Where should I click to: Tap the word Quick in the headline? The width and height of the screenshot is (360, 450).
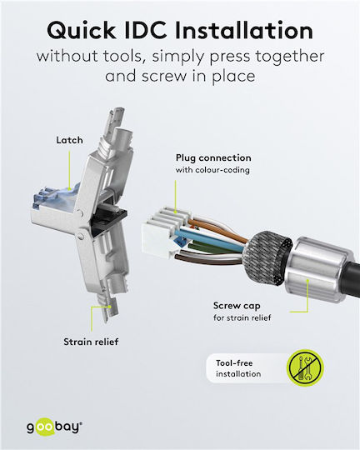pyautogui.click(x=82, y=31)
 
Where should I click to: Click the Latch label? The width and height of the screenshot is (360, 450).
pyautogui.click(x=69, y=140)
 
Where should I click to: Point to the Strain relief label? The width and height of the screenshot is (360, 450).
pyautogui.click(x=91, y=342)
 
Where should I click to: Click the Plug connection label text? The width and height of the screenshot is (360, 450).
pyautogui.click(x=213, y=158)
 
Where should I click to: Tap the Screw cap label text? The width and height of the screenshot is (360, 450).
pyautogui.click(x=237, y=306)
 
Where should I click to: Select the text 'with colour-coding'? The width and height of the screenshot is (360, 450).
pyautogui.click(x=212, y=170)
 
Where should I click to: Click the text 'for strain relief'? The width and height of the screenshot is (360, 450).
pyautogui.click(x=242, y=317)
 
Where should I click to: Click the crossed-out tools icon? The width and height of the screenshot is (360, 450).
pyautogui.click(x=305, y=367)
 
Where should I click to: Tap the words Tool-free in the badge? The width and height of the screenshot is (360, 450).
pyautogui.click(x=234, y=363)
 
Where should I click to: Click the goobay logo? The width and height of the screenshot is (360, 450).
pyautogui.click(x=54, y=427)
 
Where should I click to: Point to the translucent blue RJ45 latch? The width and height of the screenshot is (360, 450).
pyautogui.click(x=55, y=197)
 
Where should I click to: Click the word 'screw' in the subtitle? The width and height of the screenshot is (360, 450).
pyautogui.click(x=163, y=77)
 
